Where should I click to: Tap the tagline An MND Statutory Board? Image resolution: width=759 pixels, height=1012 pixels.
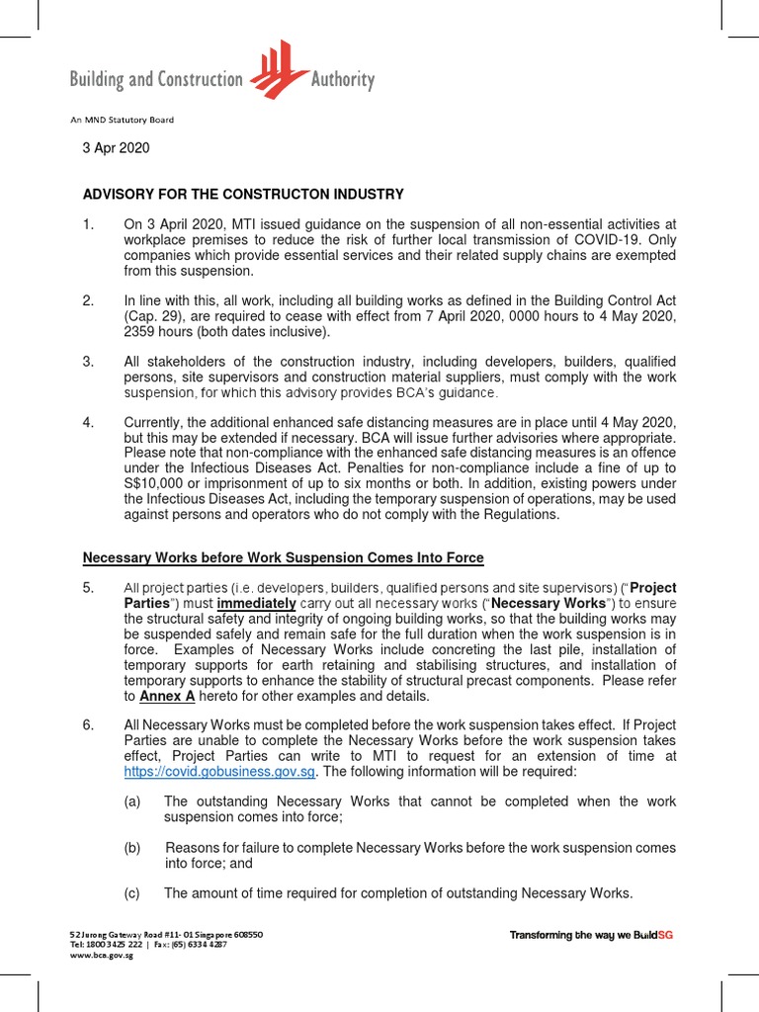tap(122, 120)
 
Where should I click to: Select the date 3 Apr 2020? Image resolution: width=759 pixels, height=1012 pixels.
tap(116, 147)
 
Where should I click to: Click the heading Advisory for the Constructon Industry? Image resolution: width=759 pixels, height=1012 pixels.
tap(243, 195)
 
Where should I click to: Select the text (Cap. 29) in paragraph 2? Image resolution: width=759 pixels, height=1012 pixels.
tap(150, 315)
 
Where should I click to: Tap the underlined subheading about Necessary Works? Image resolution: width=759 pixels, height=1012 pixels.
tap(283, 558)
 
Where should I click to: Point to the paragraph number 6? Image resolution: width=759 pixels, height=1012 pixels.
tap(88, 725)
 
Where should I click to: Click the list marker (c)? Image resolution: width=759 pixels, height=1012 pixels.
tap(132, 893)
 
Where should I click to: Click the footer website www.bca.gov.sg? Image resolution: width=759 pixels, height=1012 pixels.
tap(101, 957)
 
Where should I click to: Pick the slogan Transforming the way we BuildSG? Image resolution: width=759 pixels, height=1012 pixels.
tap(590, 935)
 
